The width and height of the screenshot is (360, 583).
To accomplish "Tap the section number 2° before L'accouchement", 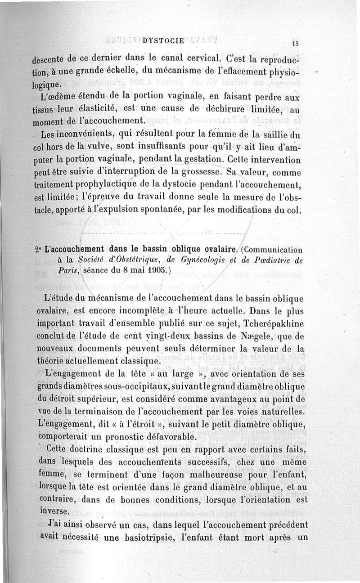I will coord(37,250).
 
